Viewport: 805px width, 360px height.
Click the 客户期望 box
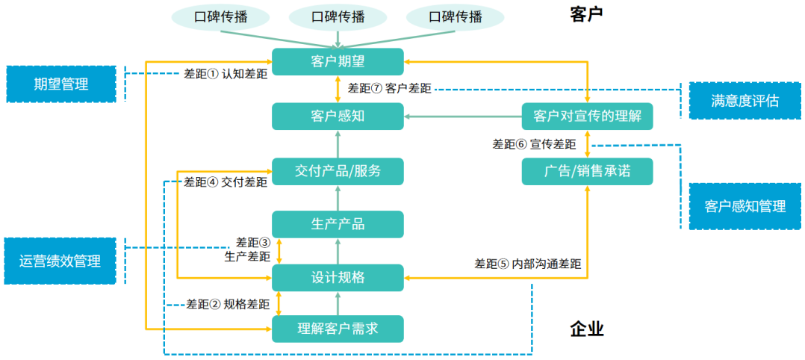[338, 62]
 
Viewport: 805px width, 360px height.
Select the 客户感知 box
[338, 117]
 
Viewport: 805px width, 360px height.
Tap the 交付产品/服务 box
[338, 171]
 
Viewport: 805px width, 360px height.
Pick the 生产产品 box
[338, 224]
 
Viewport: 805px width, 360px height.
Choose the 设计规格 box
[338, 278]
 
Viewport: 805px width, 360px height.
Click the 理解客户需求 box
[338, 329]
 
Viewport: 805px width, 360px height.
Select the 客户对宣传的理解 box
[587, 117]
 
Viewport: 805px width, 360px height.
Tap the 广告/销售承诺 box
[587, 171]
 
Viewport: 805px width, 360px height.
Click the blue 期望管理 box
[61, 84]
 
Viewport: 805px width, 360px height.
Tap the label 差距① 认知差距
[226, 74]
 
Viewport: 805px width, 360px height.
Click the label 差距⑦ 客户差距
[389, 88]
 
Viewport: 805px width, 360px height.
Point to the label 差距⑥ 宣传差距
[534, 144]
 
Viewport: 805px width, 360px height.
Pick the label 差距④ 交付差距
[226, 181]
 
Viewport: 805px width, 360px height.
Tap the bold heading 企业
[586, 329]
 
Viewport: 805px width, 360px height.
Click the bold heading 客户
[585, 13]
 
